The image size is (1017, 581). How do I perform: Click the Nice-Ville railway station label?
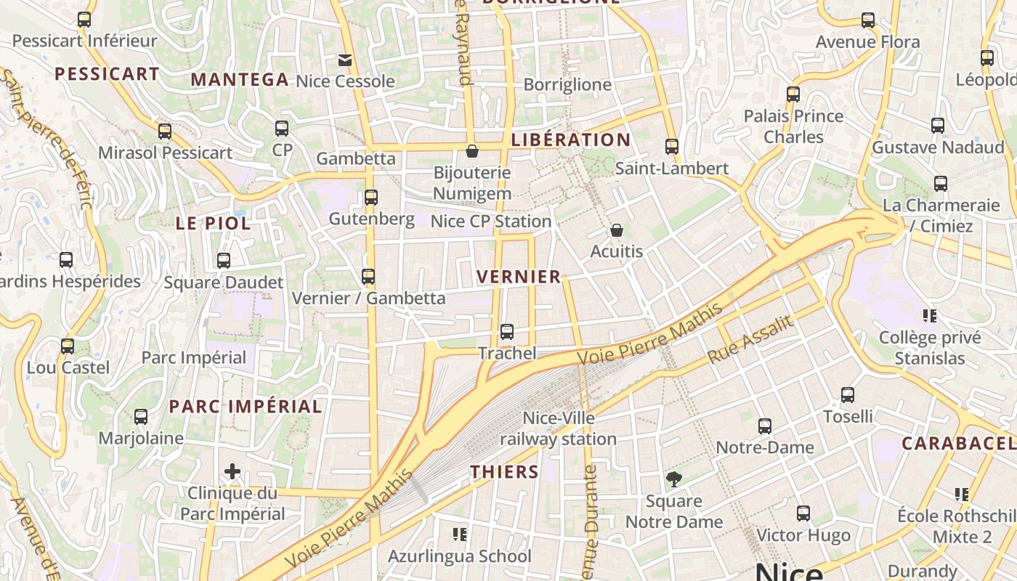[x=558, y=428]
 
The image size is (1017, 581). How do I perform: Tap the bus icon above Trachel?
[x=507, y=332]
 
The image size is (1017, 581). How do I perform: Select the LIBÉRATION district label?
[x=570, y=140]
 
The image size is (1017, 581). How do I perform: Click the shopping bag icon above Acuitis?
[x=617, y=230]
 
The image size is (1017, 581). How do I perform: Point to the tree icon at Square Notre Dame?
[x=674, y=479]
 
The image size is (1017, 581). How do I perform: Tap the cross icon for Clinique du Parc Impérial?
[x=232, y=472]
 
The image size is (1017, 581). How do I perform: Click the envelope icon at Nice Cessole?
[x=345, y=60]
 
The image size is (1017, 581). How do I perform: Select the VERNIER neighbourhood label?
[x=519, y=277]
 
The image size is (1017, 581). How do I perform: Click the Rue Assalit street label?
[x=750, y=340]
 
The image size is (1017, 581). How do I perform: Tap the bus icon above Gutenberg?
[x=371, y=197]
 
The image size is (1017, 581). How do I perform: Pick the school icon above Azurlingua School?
[x=459, y=535]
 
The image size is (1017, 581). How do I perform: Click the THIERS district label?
[x=504, y=472]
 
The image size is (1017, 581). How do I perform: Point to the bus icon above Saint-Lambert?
[x=672, y=147]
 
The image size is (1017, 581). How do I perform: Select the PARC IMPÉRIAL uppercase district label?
[x=246, y=407]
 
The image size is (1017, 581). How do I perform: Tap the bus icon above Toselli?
[x=848, y=395]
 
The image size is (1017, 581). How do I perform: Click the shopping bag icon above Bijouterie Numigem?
[x=472, y=151]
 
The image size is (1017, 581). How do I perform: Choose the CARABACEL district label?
[x=958, y=443]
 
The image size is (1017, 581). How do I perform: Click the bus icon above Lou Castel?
[x=68, y=346]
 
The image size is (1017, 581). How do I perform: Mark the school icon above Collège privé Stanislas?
[x=929, y=316]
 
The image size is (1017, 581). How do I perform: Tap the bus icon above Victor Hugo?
[x=803, y=513]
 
